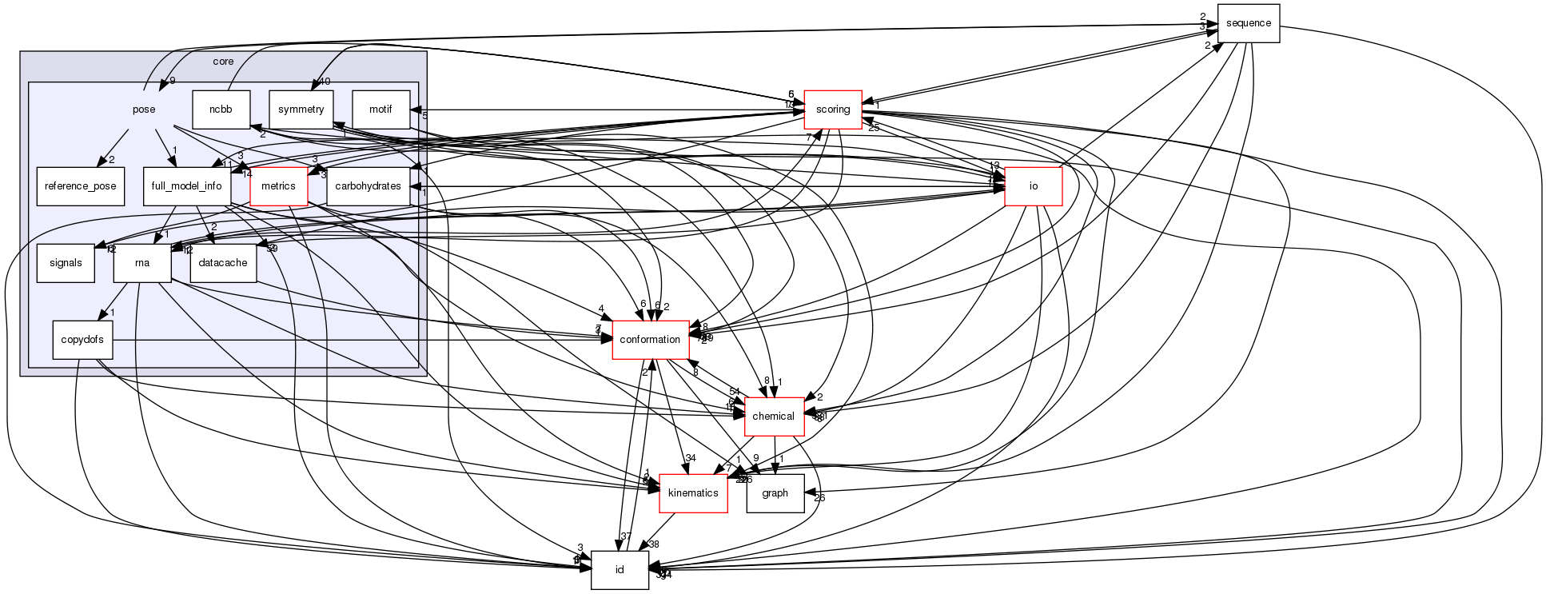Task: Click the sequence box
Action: (x=1248, y=23)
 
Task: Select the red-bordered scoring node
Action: (x=832, y=109)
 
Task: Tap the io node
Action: (x=1033, y=186)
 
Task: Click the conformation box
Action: (x=650, y=340)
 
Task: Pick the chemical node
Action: (x=774, y=417)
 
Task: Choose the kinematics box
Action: (x=692, y=493)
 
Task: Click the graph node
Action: (x=775, y=493)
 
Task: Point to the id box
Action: (x=619, y=570)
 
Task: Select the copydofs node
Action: (x=82, y=340)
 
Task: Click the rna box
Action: (x=142, y=263)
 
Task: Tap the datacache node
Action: (x=223, y=263)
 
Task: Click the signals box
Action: (x=66, y=263)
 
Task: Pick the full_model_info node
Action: (x=187, y=186)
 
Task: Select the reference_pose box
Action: (x=81, y=186)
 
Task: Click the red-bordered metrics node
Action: (x=278, y=186)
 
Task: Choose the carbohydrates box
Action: (x=369, y=186)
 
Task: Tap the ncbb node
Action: (x=221, y=109)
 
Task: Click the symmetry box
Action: (x=301, y=109)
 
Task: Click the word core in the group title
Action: (x=223, y=62)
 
